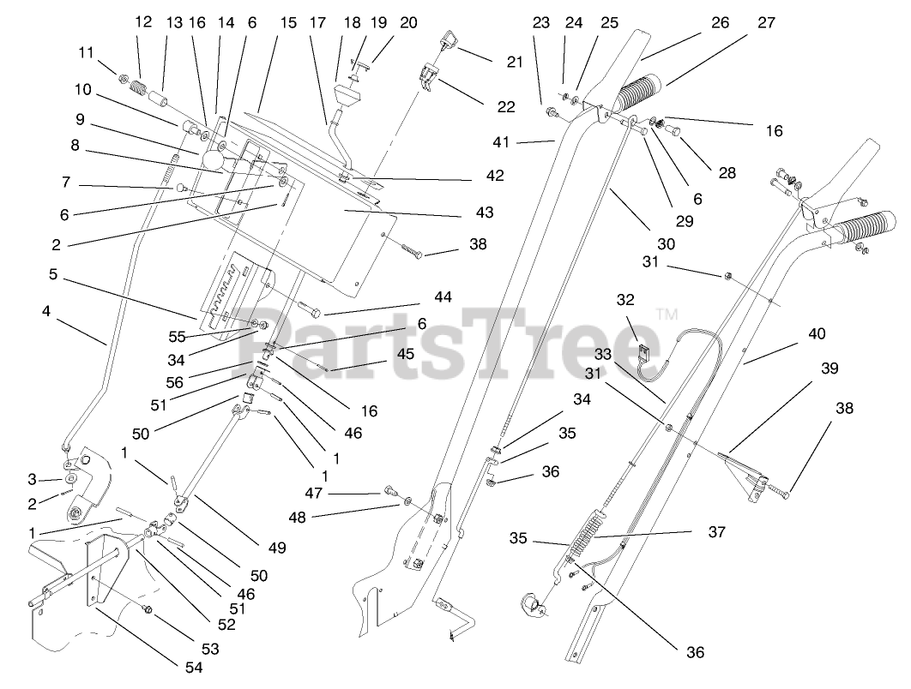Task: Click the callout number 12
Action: click(x=143, y=22)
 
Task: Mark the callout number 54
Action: click(x=194, y=668)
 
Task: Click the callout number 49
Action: click(x=276, y=548)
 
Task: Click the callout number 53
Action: click(x=209, y=650)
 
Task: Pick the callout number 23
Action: click(x=540, y=22)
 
